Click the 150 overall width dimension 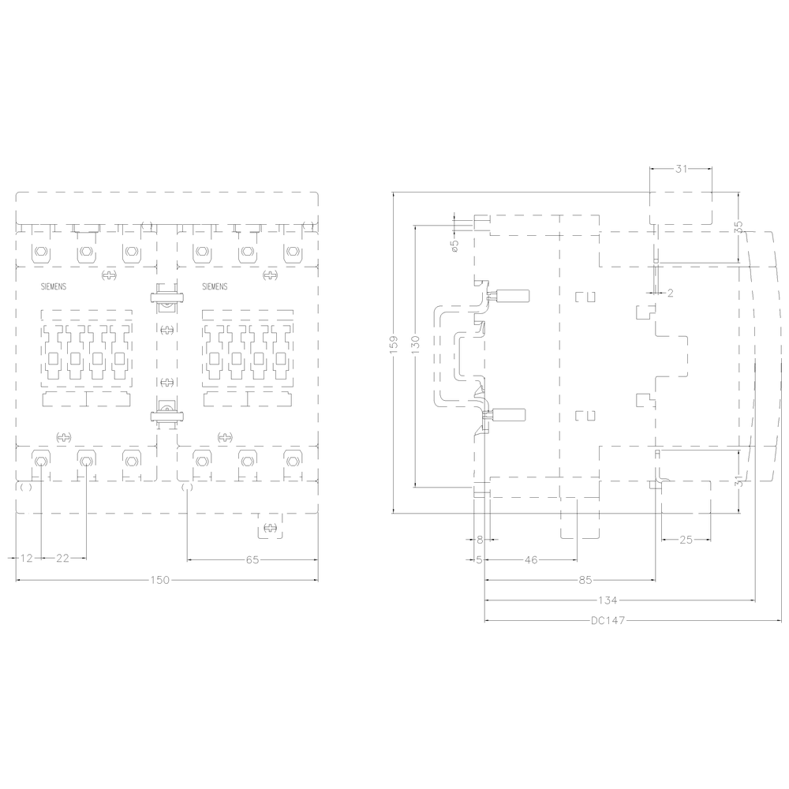click(x=160, y=580)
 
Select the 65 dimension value click(x=252, y=559)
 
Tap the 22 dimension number click(x=62, y=558)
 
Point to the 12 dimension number click(x=26, y=558)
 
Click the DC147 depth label click(x=608, y=620)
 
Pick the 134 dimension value click(x=608, y=600)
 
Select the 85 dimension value click(x=585, y=580)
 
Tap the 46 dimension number click(x=531, y=559)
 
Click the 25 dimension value click(x=686, y=540)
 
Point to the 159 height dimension click(x=394, y=345)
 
